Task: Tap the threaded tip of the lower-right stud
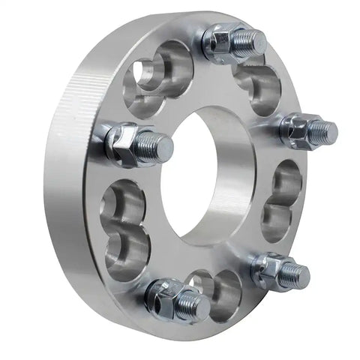(298, 274)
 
